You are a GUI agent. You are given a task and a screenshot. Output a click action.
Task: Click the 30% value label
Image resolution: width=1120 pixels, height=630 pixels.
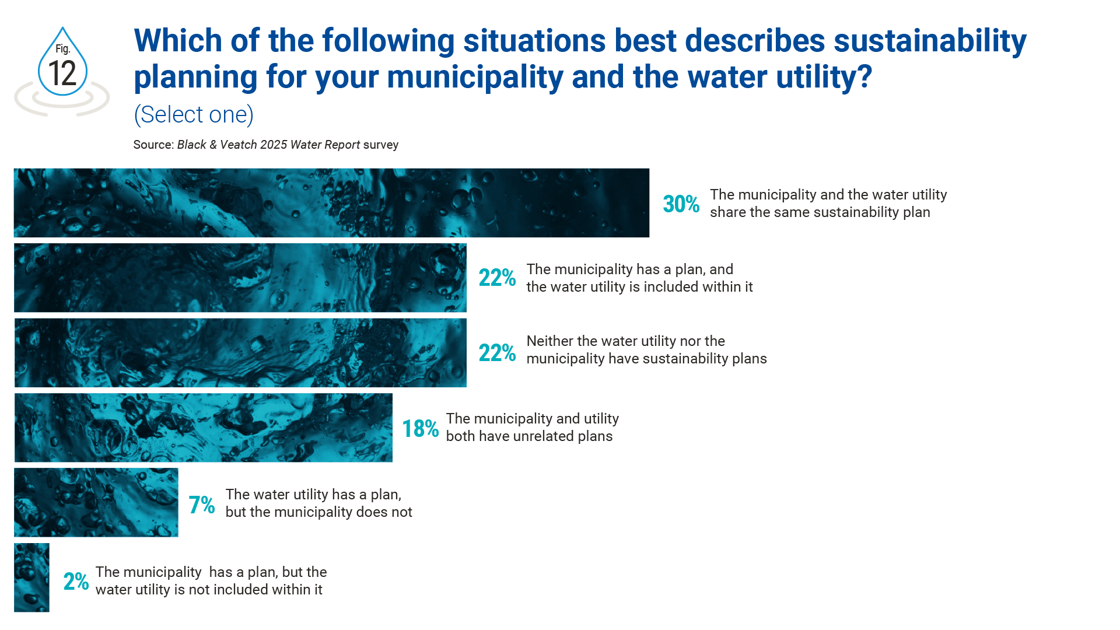[681, 204]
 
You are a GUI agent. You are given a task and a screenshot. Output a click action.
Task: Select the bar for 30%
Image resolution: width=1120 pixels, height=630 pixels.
[331, 203]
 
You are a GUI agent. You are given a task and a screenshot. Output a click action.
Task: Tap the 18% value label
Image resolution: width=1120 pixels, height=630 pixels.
[420, 429]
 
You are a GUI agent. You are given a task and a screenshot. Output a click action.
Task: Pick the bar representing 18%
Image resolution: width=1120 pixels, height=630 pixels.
[203, 428]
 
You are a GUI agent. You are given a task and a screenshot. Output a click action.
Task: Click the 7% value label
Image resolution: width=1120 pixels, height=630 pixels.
[202, 505]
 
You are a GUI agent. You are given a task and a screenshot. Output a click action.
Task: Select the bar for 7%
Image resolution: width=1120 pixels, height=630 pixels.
[96, 502]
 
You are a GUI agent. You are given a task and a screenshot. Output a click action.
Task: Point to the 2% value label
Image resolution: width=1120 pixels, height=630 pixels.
[76, 581]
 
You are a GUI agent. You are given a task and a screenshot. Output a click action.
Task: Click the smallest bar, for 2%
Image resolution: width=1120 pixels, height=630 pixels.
[32, 577]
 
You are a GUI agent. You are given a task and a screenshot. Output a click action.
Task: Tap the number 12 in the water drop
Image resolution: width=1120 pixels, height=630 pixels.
[62, 74]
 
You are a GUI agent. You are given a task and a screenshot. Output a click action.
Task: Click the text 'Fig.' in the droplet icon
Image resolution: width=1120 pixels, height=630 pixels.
[62, 49]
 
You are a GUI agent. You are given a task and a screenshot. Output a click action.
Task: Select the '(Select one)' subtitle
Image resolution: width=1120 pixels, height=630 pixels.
[194, 114]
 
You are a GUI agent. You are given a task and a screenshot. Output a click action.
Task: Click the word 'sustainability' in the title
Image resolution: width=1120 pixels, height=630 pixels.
[930, 41]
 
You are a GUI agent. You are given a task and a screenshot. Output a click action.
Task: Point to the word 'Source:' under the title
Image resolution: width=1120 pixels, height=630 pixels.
[153, 145]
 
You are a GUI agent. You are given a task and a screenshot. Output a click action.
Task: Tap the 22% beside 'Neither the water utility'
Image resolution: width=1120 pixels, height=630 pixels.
[497, 353]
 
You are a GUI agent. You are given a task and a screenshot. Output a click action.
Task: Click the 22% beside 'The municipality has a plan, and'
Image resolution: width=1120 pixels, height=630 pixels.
[497, 278]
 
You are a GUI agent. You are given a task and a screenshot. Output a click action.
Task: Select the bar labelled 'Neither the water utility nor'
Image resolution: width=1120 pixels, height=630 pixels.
[240, 353]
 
